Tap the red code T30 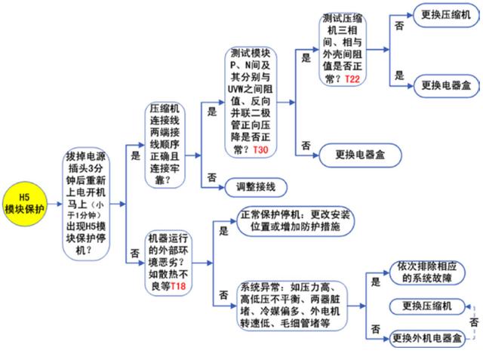click(260, 150)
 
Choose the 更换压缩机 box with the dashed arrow click(427, 306)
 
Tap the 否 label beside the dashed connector click(474, 323)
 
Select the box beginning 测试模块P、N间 click(251, 102)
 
